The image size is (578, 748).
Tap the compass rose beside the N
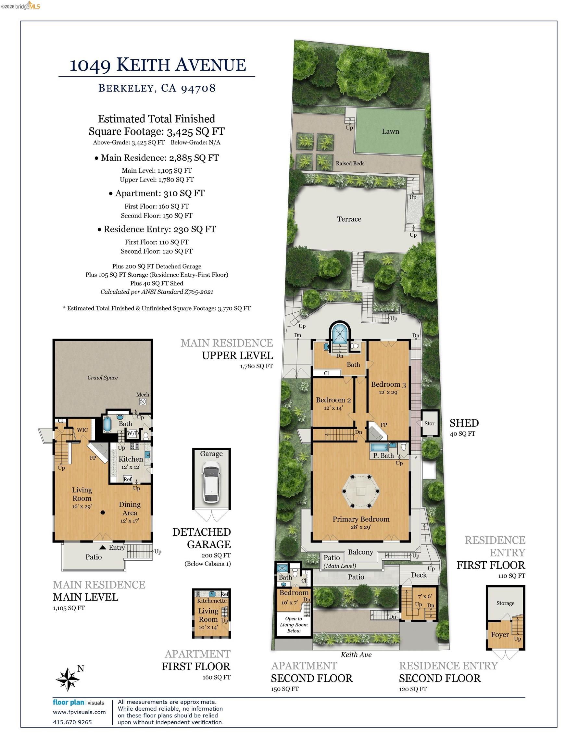(68, 679)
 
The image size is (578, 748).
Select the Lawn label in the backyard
(390, 131)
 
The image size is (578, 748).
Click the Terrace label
(349, 219)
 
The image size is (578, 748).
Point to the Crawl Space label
(102, 378)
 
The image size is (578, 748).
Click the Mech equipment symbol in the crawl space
(143, 402)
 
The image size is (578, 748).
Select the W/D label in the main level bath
(133, 433)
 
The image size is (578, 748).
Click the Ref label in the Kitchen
(128, 479)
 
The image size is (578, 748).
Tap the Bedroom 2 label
(333, 400)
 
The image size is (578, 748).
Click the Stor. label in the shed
(430, 423)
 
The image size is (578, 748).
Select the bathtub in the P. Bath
(379, 447)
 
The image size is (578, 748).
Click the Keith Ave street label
(356, 654)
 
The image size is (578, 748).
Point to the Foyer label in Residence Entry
(499, 635)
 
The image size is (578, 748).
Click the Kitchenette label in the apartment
(212, 601)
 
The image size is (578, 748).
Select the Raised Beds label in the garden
(350, 163)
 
